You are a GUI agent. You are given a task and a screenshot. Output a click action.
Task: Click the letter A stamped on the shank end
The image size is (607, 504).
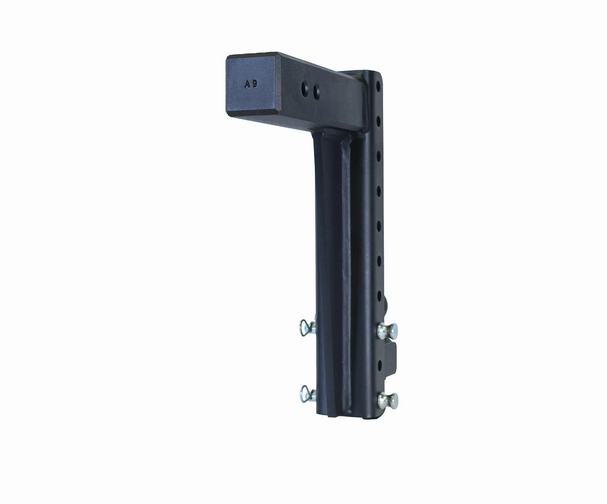coord(247,85)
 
